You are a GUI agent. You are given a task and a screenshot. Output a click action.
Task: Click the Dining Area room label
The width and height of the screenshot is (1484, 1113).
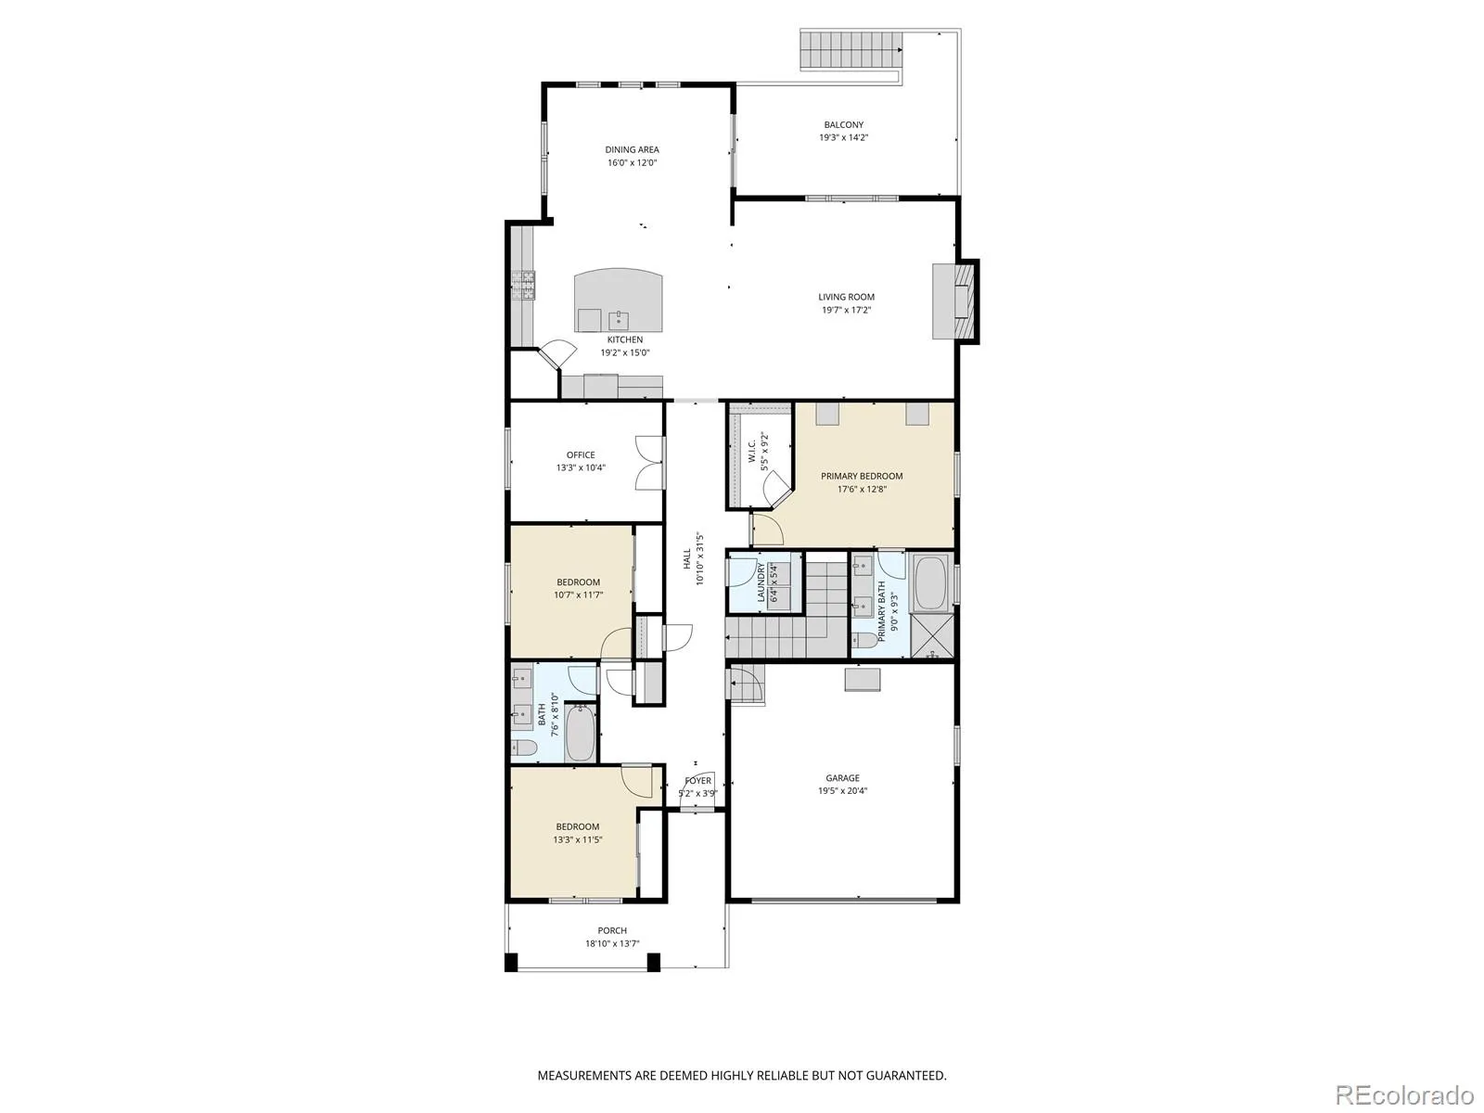(632, 150)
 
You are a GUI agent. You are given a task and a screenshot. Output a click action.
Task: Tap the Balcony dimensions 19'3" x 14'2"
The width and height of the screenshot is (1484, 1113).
(843, 138)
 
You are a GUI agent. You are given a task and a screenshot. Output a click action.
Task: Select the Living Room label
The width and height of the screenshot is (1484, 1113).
(846, 298)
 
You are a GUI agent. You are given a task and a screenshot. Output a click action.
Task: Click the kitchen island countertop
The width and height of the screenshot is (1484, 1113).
(618, 301)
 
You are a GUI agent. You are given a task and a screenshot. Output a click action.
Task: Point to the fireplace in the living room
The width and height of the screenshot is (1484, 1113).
(954, 301)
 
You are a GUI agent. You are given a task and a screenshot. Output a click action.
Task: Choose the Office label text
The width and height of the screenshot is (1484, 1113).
(581, 455)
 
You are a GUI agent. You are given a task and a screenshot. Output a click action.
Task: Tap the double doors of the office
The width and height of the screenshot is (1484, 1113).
(649, 463)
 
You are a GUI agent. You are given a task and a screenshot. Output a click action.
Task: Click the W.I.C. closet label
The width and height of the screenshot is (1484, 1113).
(752, 452)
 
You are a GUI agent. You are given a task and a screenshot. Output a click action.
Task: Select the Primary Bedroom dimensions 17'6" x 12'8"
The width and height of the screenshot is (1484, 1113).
(862, 490)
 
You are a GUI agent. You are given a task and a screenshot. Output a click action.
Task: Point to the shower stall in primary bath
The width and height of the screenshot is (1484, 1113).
(932, 636)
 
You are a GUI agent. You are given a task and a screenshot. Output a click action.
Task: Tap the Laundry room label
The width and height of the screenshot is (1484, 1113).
(761, 582)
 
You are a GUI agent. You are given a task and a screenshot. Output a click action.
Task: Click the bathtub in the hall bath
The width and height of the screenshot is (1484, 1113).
(580, 733)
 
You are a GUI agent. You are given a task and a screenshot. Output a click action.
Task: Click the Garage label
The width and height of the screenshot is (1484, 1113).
(842, 778)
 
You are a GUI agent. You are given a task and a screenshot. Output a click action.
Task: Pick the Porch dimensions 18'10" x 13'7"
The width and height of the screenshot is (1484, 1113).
(612, 944)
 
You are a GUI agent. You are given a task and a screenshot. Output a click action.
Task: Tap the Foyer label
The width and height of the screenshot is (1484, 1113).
(697, 781)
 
